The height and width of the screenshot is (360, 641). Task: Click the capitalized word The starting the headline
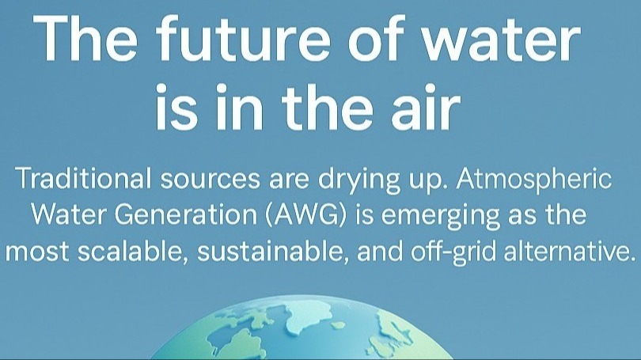point(87,40)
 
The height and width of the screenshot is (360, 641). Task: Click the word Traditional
point(81,179)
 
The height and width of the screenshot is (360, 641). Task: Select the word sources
point(200,179)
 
